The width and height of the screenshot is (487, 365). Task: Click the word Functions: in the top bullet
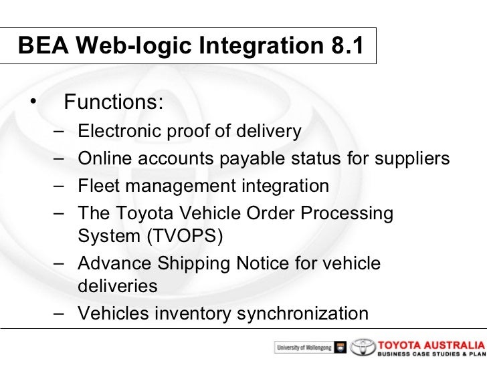click(113, 103)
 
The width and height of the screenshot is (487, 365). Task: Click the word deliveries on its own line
click(118, 287)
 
